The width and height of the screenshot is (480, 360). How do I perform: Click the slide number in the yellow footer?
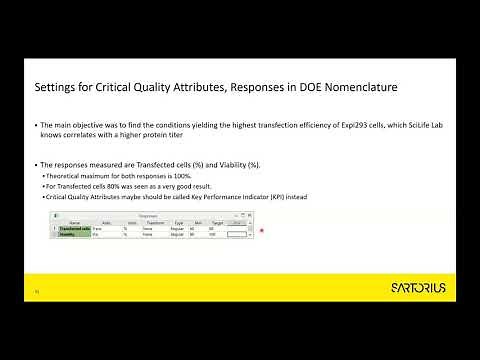click(x=38, y=292)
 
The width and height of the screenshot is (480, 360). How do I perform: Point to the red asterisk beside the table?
click(x=261, y=230)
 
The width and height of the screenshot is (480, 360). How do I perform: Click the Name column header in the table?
click(x=75, y=223)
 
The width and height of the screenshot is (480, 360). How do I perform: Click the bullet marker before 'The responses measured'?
click(x=36, y=163)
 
